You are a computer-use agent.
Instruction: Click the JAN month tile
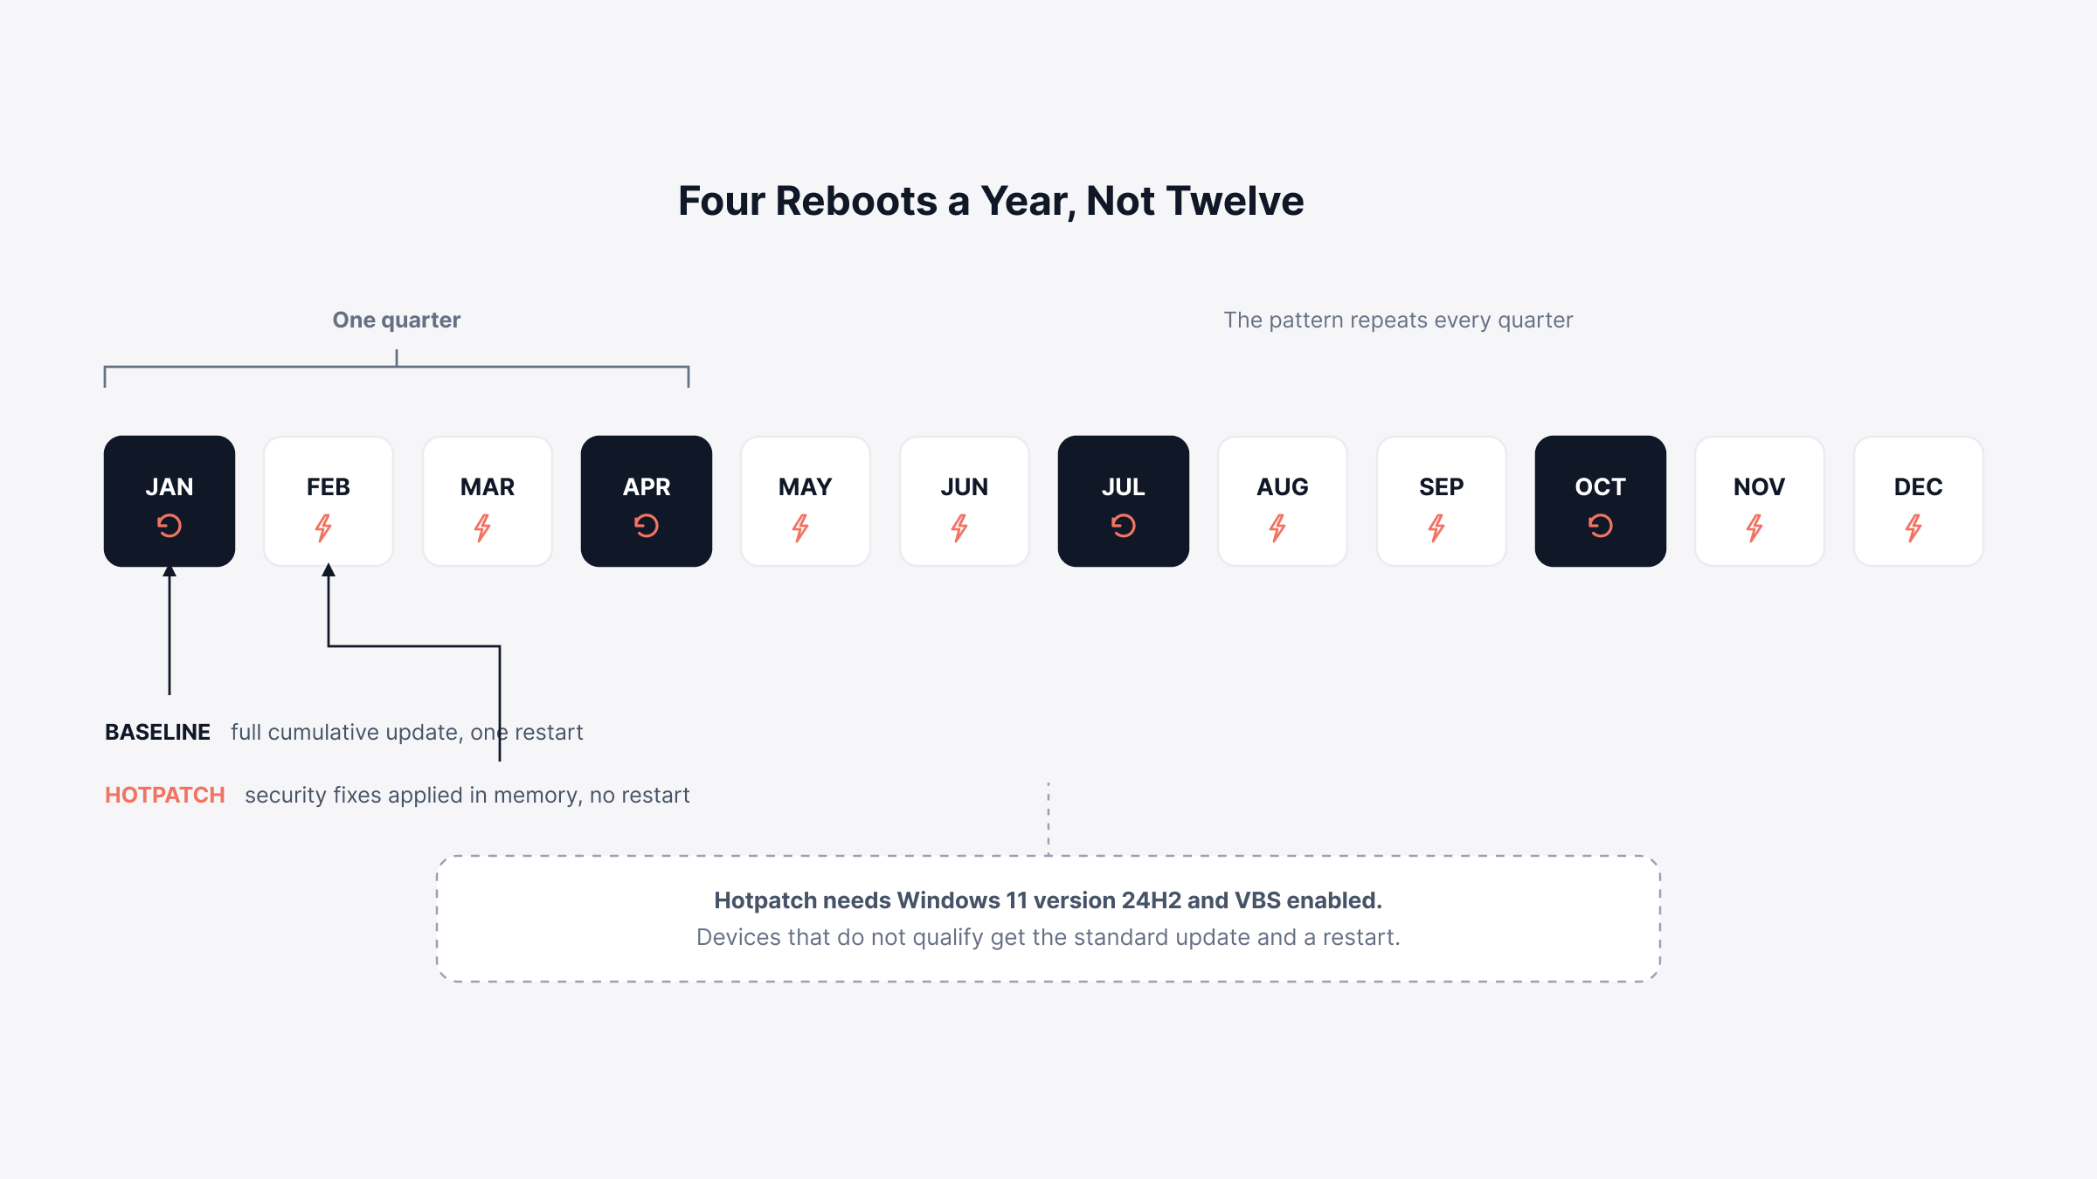point(170,501)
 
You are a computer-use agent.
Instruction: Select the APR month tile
point(647,501)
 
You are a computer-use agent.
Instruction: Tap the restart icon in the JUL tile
point(1124,526)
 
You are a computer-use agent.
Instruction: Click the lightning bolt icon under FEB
point(324,527)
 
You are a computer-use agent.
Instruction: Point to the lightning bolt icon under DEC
point(1914,527)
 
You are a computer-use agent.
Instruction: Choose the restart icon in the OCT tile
point(1601,526)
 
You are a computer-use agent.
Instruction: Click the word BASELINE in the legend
point(157,732)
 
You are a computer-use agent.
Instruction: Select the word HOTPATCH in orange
point(165,795)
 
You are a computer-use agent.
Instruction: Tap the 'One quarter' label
point(397,320)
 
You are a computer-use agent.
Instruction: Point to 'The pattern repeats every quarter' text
point(1398,320)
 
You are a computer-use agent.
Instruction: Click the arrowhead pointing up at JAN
point(170,570)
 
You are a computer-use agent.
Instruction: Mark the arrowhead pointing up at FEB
point(329,570)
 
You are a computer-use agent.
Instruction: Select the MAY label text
point(806,486)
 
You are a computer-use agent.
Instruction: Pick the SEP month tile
point(1442,501)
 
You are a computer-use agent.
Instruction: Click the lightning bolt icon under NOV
point(1755,527)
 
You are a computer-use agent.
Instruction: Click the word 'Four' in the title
point(721,201)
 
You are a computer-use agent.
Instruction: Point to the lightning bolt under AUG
point(1278,527)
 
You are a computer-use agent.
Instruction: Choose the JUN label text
point(965,486)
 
